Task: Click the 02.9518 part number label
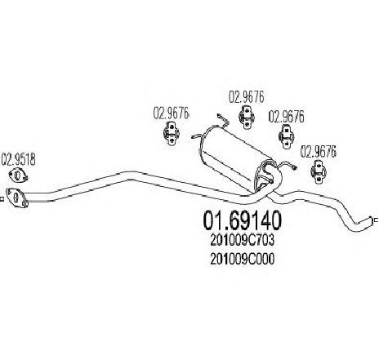18,159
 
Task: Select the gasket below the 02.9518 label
18,175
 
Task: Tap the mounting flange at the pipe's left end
16,198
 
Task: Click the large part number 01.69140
242,220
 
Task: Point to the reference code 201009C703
242,240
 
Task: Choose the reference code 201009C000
242,259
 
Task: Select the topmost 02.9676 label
246,97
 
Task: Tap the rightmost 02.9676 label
318,152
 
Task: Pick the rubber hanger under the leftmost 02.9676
172,134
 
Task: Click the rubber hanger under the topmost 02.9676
247,118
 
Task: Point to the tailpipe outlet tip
369,220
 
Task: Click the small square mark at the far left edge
2,199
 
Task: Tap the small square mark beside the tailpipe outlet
377,220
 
